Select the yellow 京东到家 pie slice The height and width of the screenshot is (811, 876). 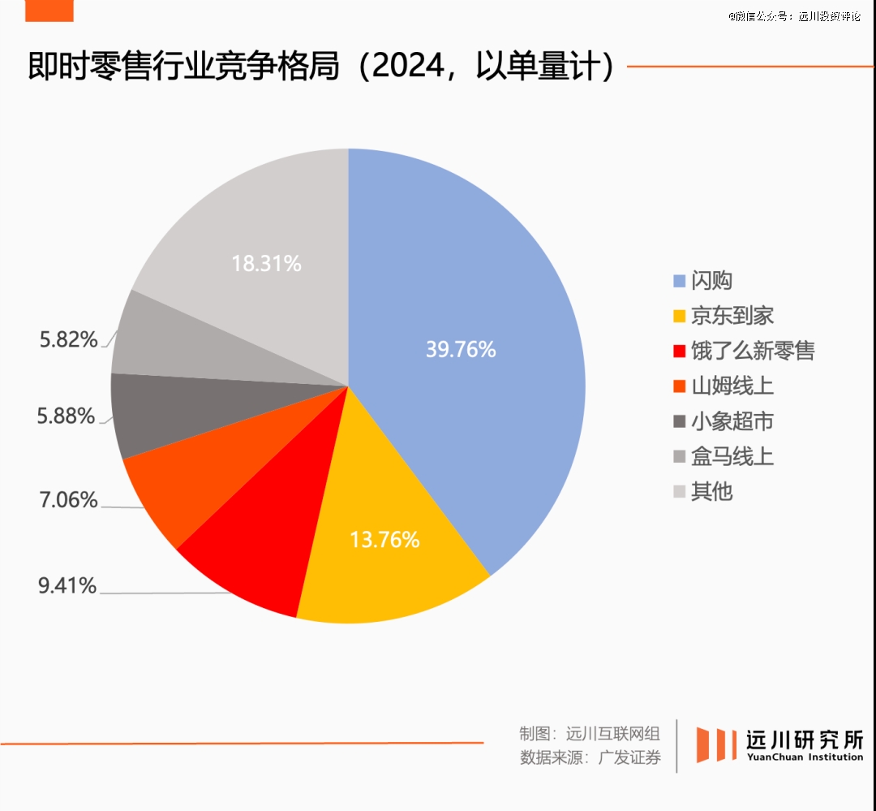pyautogui.click(x=389, y=568)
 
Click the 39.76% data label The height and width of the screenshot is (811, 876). pyautogui.click(x=461, y=349)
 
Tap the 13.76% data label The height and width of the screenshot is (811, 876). pyautogui.click(x=384, y=539)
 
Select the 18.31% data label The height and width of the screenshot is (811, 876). pyautogui.click(x=266, y=263)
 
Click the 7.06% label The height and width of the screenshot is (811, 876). pyautogui.click(x=68, y=499)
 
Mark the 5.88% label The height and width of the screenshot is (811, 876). pyautogui.click(x=65, y=416)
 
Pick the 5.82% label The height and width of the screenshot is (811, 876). pyautogui.click(x=68, y=339)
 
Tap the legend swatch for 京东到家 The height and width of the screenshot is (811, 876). pyautogui.click(x=679, y=317)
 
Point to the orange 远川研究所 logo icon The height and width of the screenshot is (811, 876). pyautogui.click(x=716, y=744)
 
